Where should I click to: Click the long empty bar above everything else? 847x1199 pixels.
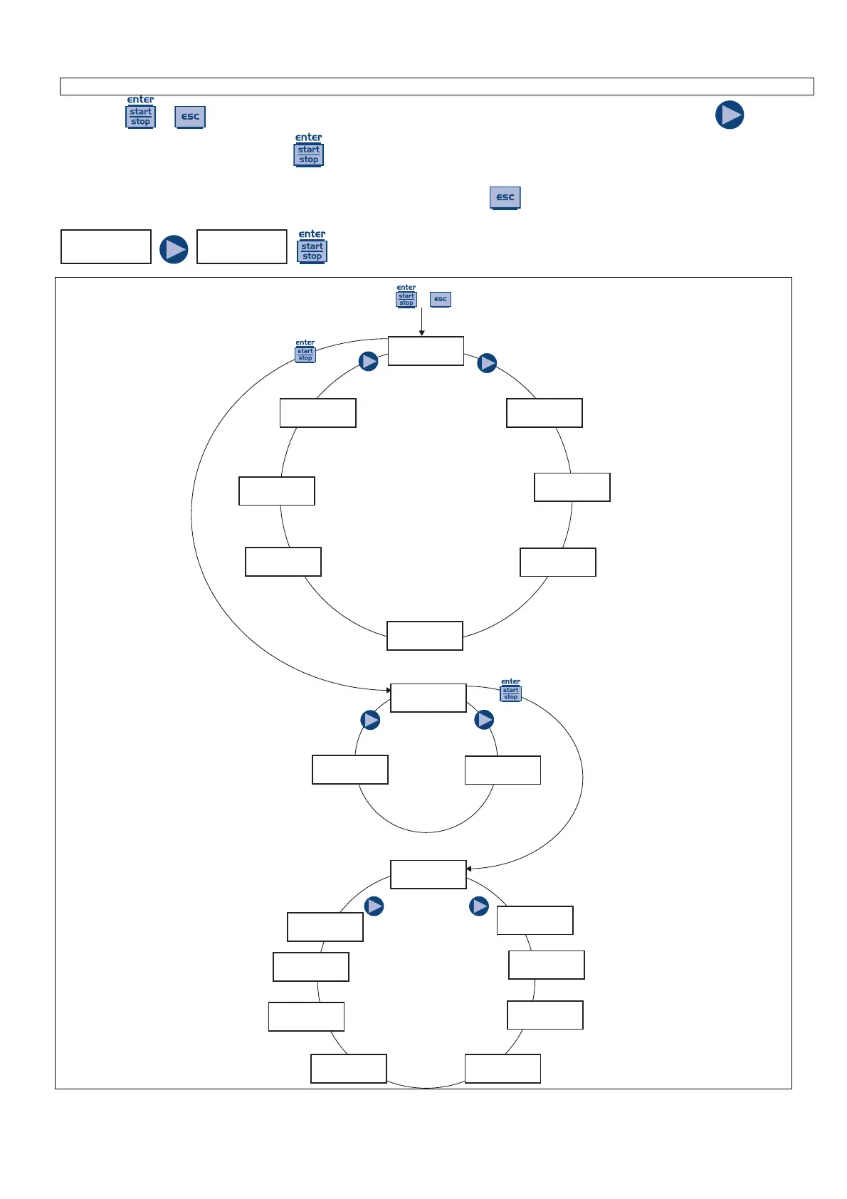436,86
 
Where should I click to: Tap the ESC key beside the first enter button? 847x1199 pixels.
190,117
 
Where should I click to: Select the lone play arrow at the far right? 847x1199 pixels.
730,115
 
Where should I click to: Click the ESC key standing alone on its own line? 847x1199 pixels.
505,197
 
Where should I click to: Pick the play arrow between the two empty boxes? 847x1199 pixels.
174,249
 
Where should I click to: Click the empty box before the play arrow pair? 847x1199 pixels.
106,246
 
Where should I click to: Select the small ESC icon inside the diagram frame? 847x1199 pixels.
441,299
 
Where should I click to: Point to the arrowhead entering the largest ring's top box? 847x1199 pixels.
422,333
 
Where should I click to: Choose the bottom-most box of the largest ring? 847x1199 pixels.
425,636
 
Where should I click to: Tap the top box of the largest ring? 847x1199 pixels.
426,351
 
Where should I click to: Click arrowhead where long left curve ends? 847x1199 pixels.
388,690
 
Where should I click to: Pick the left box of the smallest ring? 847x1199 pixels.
350,770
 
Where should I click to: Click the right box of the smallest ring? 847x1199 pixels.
503,770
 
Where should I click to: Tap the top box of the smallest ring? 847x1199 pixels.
428,698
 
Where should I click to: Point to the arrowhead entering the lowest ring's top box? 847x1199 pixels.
469,869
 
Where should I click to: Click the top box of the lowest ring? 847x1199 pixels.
428,874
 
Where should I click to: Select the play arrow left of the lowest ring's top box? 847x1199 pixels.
374,906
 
